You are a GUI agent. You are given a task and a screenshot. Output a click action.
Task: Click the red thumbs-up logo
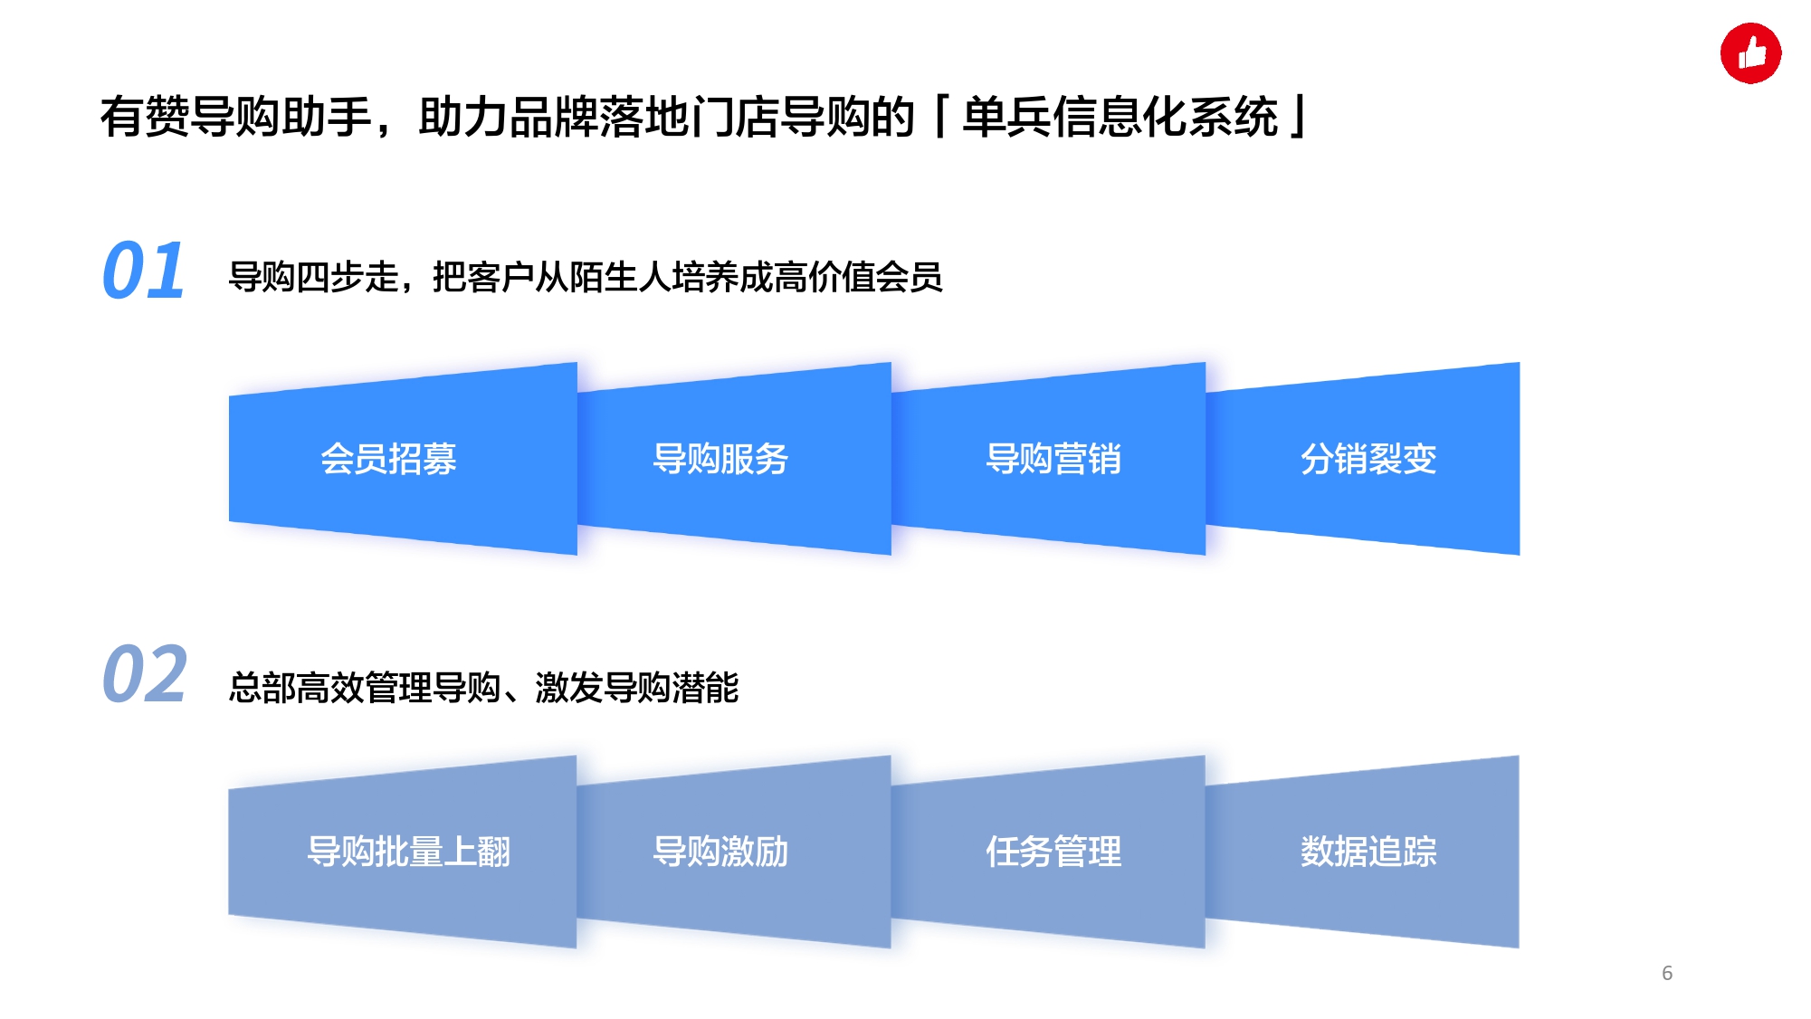(1750, 53)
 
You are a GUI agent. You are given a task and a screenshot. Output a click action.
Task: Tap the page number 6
(1667, 973)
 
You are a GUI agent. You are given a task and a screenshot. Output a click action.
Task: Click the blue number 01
(144, 271)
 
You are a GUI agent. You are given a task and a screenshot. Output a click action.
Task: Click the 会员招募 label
(388, 459)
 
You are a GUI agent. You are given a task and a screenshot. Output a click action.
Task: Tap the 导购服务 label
(720, 459)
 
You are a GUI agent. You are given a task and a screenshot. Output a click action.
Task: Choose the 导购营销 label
(1053, 459)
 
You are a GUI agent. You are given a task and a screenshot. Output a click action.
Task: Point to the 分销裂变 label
(1368, 459)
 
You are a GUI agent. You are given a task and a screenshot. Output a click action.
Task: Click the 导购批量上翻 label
(409, 852)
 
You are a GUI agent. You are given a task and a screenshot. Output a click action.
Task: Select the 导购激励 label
(720, 852)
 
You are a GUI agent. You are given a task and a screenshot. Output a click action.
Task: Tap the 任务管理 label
(1053, 852)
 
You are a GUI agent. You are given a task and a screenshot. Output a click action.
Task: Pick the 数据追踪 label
(1368, 852)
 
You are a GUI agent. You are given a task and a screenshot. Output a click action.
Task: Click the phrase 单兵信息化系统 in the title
(1120, 117)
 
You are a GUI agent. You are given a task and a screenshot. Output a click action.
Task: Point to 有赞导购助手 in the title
(236, 117)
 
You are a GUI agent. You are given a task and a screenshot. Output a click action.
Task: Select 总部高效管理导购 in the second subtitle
(365, 688)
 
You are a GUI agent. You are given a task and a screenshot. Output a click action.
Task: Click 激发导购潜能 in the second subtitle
(637, 688)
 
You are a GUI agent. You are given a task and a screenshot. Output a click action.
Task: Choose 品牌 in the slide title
(554, 117)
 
